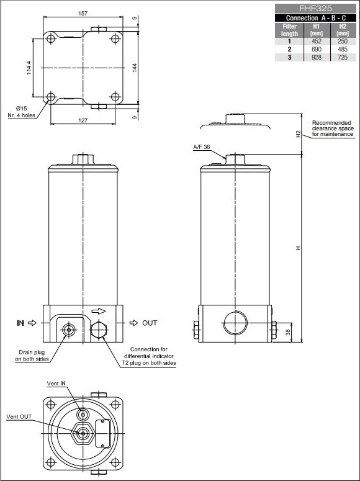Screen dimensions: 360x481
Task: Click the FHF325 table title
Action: coord(315,8)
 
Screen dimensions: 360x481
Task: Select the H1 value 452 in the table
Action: coord(317,41)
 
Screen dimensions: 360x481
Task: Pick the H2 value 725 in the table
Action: coord(343,57)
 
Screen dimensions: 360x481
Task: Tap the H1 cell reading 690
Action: coord(317,49)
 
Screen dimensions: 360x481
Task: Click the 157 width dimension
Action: coord(83,13)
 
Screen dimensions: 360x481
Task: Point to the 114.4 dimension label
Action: coord(29,68)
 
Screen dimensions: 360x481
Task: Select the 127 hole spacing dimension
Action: coord(83,120)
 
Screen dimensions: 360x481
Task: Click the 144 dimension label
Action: coord(135,68)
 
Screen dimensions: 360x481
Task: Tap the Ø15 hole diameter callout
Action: coord(22,108)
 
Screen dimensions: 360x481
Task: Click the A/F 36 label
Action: coord(202,147)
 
